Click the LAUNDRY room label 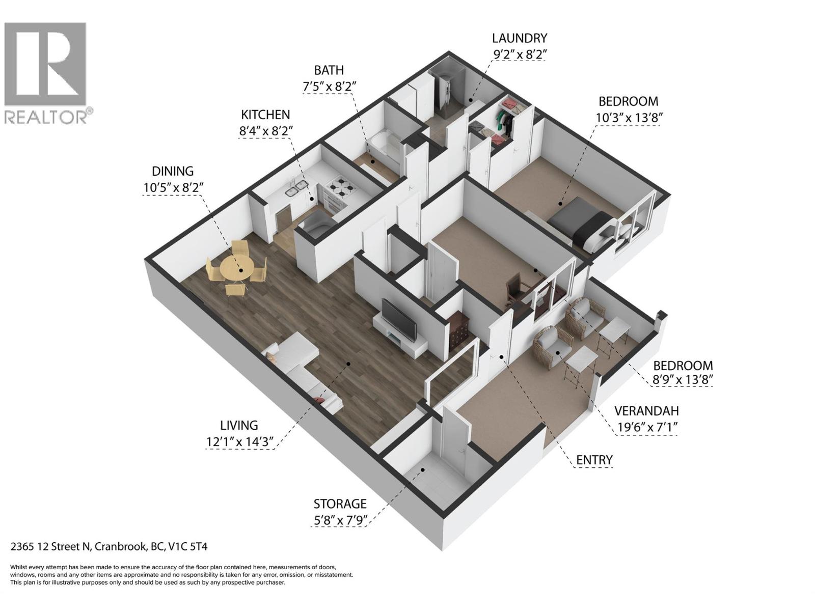[519, 38]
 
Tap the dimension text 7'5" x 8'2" [329, 87]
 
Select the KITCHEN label [265, 115]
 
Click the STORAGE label [340, 504]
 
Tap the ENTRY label [594, 460]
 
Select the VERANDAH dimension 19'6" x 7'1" [646, 427]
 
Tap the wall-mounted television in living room [399, 320]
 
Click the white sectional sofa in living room [301, 367]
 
